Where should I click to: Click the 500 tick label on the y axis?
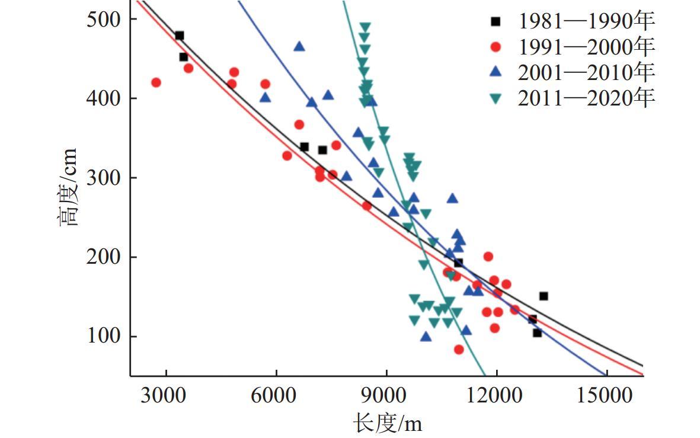(104, 19)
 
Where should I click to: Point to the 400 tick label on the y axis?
(104, 98)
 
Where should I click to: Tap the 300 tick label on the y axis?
(104, 178)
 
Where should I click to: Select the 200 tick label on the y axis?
(104, 257)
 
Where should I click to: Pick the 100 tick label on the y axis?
(104, 337)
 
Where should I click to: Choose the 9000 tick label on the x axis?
(386, 395)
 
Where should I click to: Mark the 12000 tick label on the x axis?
(497, 395)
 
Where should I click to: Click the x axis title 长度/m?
(387, 423)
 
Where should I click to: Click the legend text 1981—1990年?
(586, 21)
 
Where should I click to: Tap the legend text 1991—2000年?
(586, 47)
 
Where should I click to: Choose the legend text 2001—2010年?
(586, 72)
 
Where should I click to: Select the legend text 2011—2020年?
(586, 98)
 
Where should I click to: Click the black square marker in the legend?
(496, 21)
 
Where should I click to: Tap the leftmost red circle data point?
(156, 82)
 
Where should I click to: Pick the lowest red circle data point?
(459, 350)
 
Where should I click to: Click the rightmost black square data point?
(544, 296)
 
